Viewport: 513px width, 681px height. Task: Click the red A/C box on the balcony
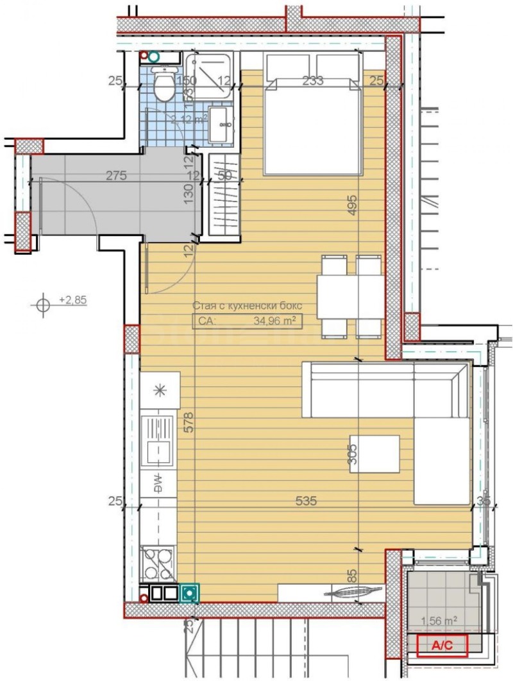pyautogui.click(x=442, y=646)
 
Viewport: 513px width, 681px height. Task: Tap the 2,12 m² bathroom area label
pyautogui.click(x=188, y=119)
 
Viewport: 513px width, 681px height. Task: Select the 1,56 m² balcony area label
pyautogui.click(x=439, y=621)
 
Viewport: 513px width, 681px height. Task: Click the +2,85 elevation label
pyautogui.click(x=72, y=300)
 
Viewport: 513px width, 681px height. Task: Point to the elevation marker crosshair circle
pyautogui.click(x=43, y=306)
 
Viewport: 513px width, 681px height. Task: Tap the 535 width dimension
pyautogui.click(x=307, y=501)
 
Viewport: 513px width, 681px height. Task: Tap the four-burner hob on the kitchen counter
pyautogui.click(x=158, y=564)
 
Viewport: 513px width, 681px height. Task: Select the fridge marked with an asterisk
pyautogui.click(x=160, y=390)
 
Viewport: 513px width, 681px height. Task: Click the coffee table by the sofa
pyautogui.click(x=375, y=454)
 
